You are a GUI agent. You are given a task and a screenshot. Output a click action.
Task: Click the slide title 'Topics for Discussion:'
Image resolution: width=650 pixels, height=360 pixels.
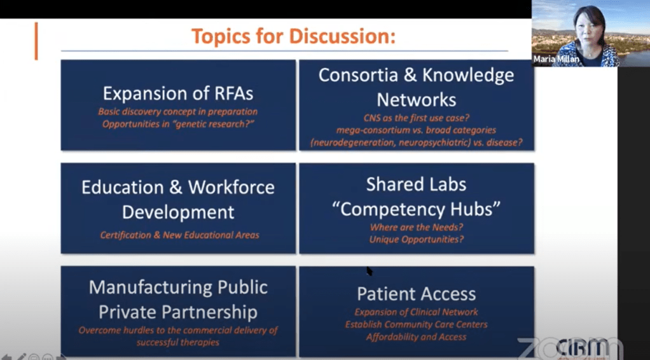(x=293, y=36)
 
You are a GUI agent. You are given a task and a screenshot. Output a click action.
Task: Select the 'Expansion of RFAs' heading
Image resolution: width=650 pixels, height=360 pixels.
(x=178, y=93)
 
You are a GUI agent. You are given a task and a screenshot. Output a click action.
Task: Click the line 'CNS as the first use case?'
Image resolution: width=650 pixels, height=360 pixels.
(x=416, y=118)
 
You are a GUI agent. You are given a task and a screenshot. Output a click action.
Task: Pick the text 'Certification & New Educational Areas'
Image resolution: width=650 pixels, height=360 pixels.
(x=179, y=235)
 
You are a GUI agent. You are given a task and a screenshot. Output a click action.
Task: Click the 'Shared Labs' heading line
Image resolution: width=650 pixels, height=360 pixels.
(x=416, y=184)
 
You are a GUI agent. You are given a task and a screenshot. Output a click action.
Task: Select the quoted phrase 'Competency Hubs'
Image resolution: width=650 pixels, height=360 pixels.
(x=416, y=209)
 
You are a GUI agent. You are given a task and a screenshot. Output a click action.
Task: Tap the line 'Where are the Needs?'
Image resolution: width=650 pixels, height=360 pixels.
(x=416, y=227)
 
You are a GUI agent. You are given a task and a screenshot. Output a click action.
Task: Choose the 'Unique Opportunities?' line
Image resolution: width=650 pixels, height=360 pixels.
(x=416, y=239)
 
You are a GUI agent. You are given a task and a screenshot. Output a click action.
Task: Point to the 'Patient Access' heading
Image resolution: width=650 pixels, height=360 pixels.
(x=416, y=294)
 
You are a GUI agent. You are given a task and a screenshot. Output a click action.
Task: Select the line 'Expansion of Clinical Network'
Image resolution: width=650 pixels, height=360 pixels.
(x=416, y=312)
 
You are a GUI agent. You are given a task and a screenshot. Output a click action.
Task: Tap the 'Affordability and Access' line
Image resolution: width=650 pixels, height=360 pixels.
(x=416, y=337)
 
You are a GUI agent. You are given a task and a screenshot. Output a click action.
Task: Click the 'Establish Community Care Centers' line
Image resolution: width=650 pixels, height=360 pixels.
(x=416, y=324)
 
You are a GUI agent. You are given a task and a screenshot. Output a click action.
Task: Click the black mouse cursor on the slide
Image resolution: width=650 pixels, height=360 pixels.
(x=370, y=271)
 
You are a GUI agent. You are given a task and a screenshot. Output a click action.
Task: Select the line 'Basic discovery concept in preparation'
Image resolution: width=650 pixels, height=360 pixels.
(x=178, y=111)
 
